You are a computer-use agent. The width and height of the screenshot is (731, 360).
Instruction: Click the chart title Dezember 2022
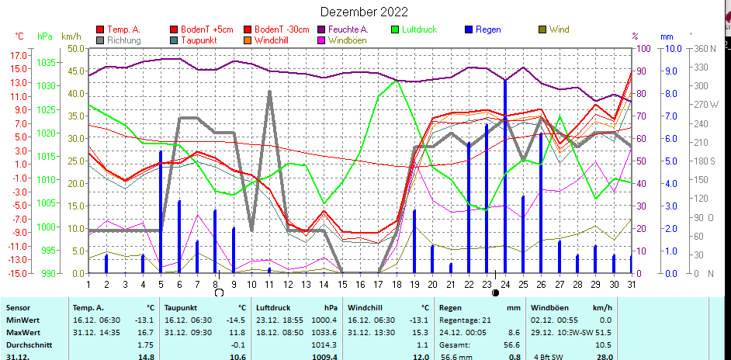pos(364,12)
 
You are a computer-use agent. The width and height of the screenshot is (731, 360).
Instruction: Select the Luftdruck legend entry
pos(419,29)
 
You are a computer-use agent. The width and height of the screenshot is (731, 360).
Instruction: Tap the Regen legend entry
pos(487,29)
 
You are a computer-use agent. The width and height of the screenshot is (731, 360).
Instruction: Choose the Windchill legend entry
pos(272,40)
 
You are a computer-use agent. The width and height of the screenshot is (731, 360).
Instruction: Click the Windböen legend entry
pos(346,40)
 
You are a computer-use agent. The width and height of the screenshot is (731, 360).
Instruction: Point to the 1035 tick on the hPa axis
pos(45,62)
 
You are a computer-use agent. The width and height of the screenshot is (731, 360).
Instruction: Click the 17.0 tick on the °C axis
pos(18,56)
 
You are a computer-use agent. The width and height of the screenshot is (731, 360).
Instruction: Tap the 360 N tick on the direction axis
pos(704,48)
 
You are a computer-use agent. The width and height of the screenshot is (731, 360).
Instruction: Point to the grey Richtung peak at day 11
pos(269,92)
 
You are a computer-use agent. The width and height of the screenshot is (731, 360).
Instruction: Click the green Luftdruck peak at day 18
pos(397,80)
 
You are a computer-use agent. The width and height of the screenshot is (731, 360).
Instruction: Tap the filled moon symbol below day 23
pos(495,292)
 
